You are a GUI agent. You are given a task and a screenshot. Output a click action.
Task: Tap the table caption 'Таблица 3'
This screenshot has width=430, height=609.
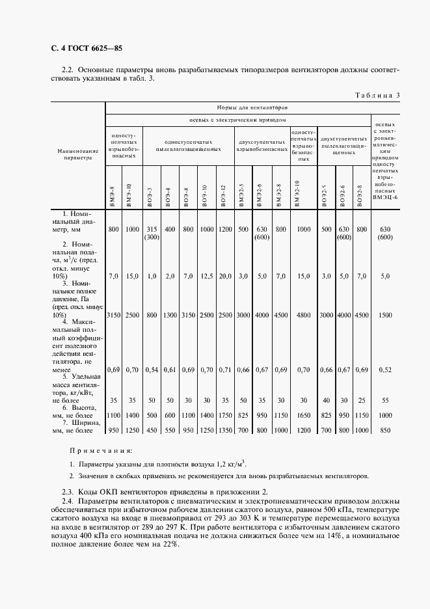pos(377,96)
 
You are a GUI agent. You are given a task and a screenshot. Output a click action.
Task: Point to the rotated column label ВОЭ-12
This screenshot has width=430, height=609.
pos(223,196)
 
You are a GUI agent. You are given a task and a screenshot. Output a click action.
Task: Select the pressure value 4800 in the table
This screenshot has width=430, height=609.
pos(303,315)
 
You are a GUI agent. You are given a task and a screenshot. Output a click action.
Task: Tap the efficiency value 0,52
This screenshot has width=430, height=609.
pos(384,370)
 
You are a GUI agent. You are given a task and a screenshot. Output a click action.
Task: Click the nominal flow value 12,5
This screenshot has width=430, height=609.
pos(206,277)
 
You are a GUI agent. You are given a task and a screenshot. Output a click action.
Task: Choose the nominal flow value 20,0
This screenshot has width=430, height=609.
pos(225,277)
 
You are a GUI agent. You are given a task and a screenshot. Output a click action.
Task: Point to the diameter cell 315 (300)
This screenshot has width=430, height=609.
pos(151,233)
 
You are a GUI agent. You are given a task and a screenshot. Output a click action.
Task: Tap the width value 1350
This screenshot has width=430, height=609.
pos(225,430)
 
